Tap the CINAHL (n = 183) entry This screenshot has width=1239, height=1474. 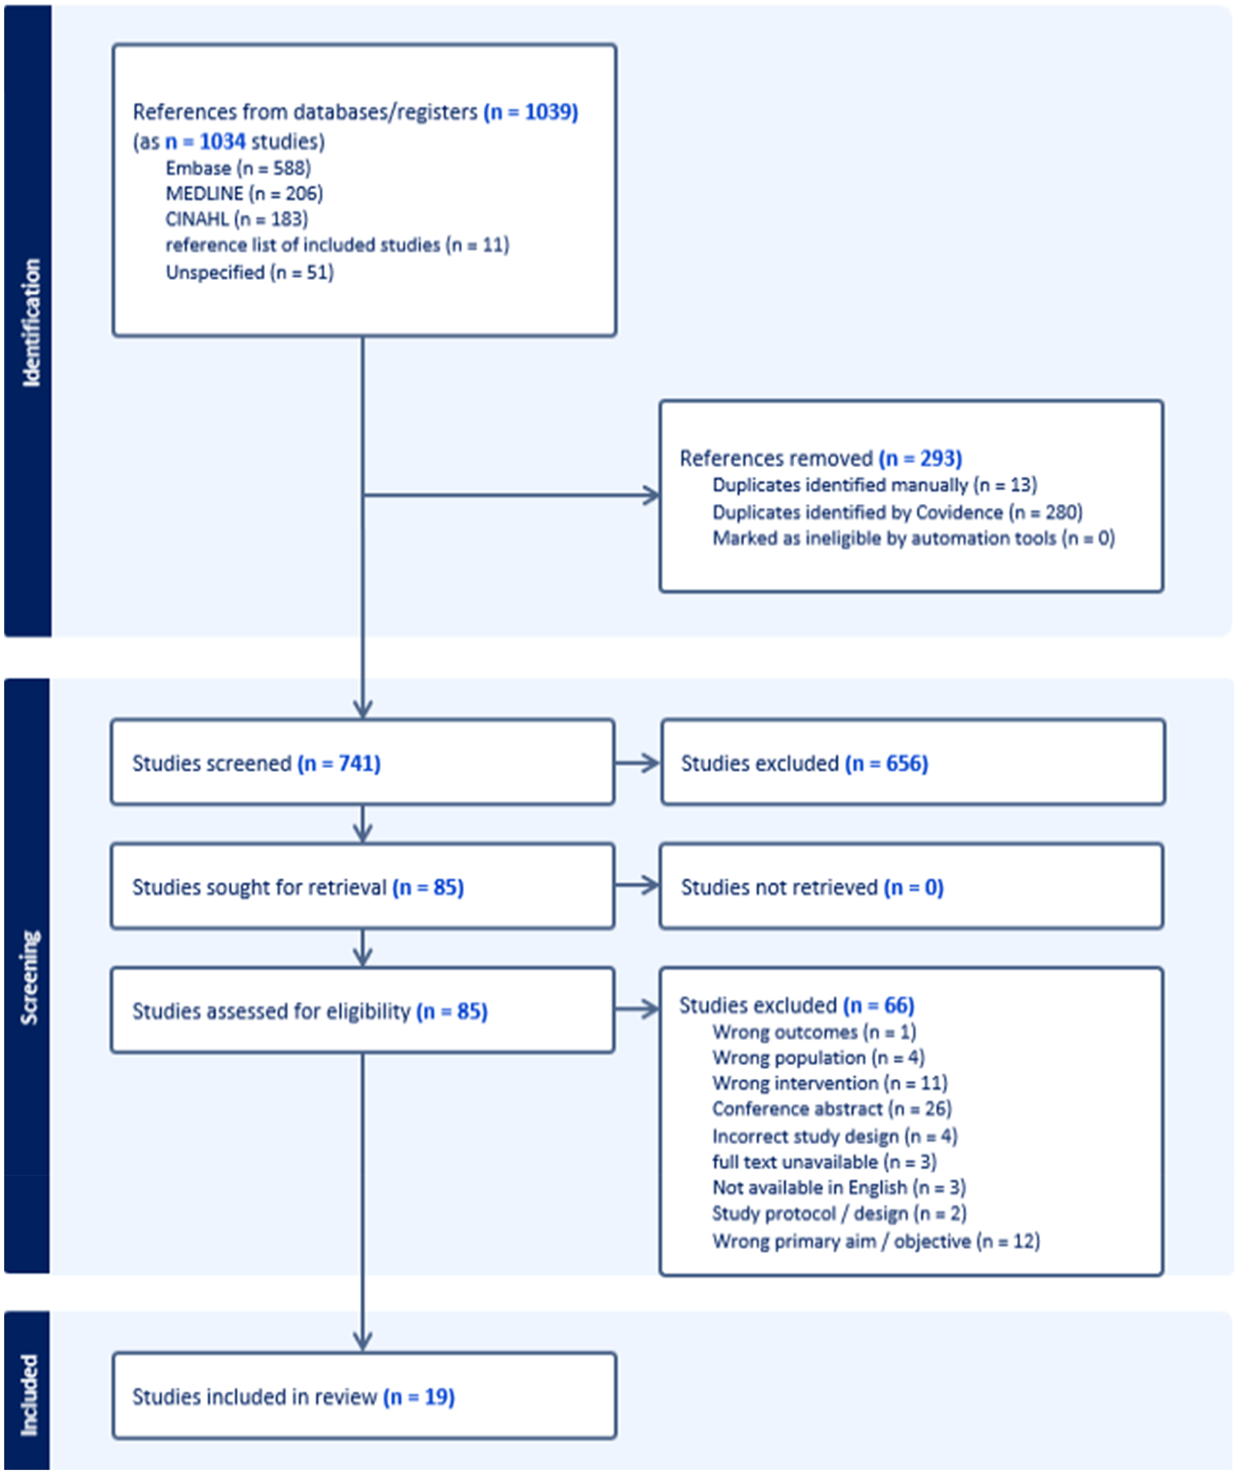(x=237, y=219)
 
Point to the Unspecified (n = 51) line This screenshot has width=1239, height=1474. (x=250, y=272)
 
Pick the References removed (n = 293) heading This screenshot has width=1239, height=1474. (x=820, y=459)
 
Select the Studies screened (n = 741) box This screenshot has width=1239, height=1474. (x=363, y=762)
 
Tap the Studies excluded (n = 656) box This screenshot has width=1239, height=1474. (x=913, y=762)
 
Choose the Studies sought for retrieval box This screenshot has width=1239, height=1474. (x=363, y=886)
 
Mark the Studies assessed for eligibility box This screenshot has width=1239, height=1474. (x=363, y=1010)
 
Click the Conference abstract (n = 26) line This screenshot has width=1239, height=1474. (x=832, y=1109)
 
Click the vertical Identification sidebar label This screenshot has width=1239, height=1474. (x=31, y=323)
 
